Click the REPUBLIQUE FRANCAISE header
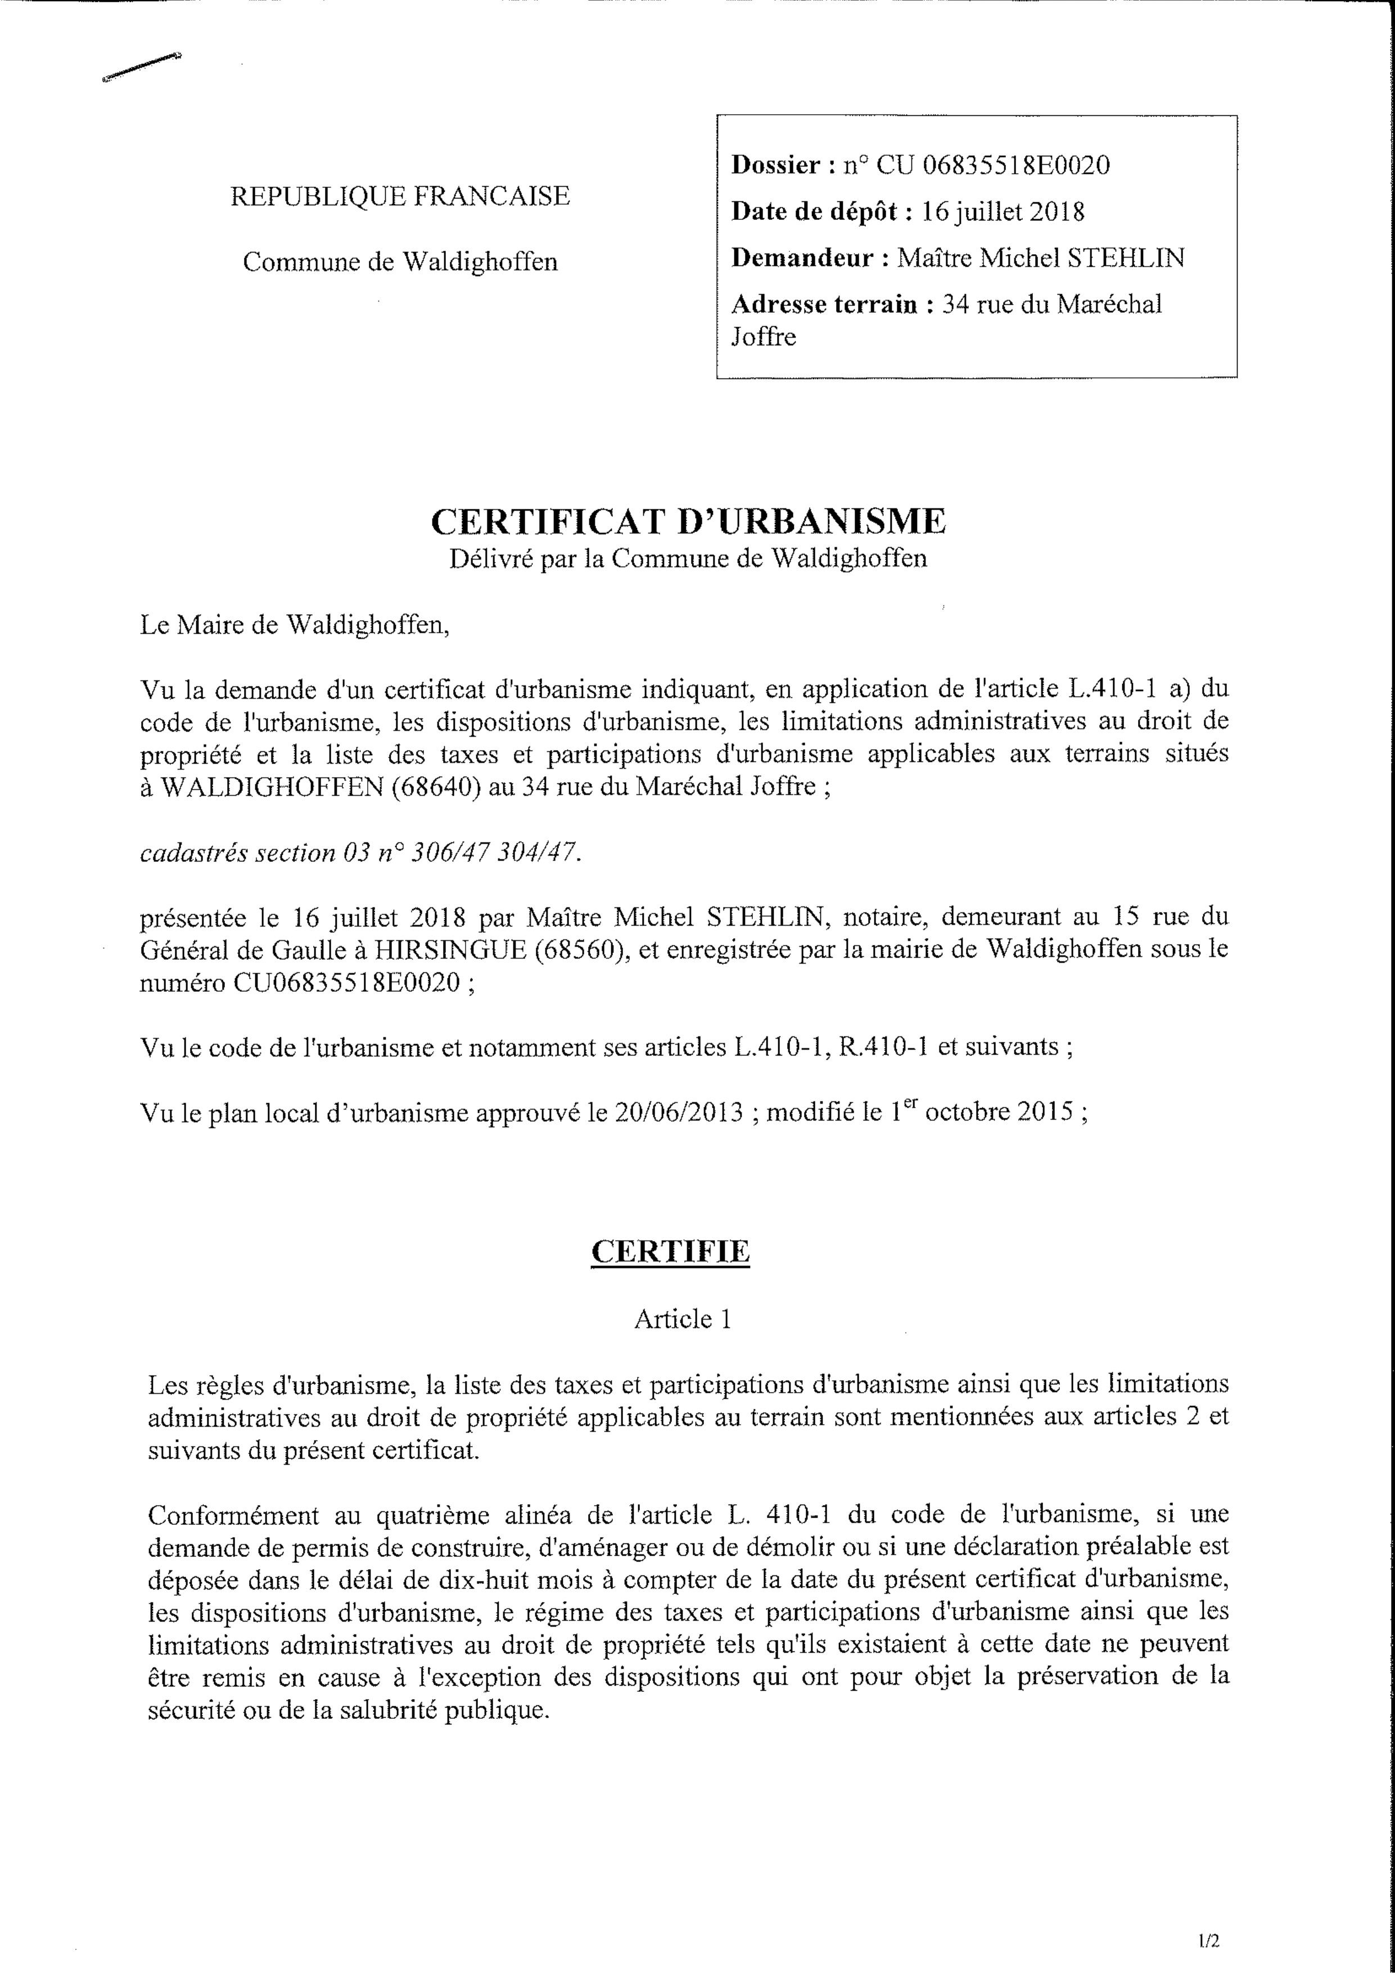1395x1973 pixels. click(400, 197)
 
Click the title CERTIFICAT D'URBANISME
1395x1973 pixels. click(688, 522)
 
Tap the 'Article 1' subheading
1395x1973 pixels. click(683, 1319)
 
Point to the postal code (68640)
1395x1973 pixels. click(435, 787)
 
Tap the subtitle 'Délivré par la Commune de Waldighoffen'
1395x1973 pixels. click(688, 559)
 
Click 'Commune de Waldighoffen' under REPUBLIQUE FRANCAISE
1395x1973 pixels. click(400, 262)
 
